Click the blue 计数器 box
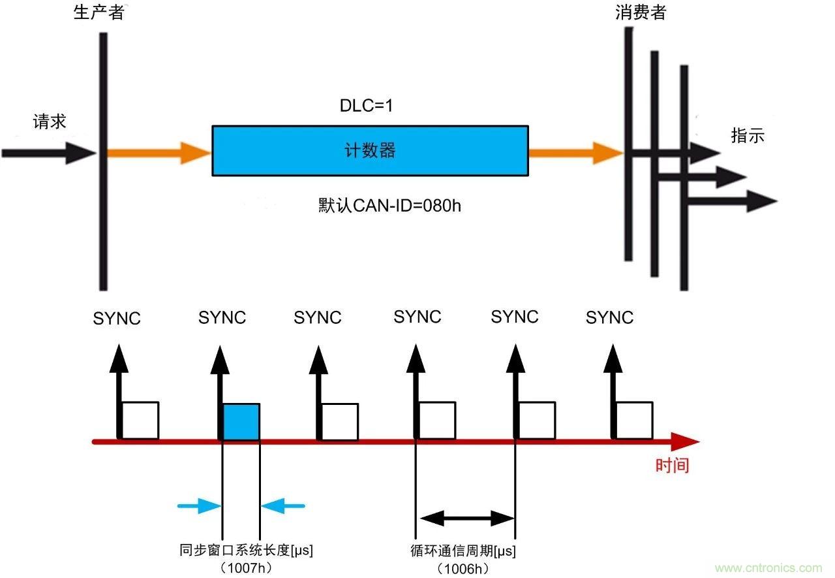[x=370, y=151]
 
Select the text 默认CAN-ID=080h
[x=390, y=206]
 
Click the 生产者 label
[x=99, y=12]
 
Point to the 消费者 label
[x=640, y=12]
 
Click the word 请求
[x=50, y=122]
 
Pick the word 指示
[x=748, y=136]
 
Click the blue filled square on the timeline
[x=241, y=421]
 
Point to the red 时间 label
[x=672, y=466]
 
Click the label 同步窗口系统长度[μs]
[x=246, y=551]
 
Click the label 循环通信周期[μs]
[x=459, y=551]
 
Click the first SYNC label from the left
[x=117, y=319]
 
